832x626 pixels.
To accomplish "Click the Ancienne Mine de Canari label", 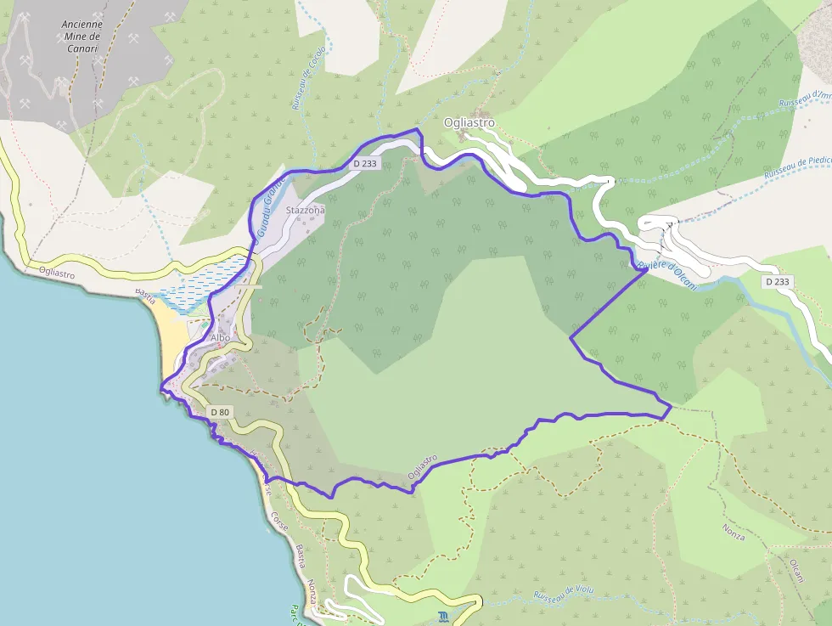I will (x=82, y=37).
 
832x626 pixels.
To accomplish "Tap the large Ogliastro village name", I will (x=469, y=123).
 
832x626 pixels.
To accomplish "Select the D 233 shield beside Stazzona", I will (x=364, y=163).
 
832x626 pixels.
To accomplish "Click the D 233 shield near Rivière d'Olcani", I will (x=777, y=281).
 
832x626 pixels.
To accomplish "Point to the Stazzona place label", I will (x=306, y=209).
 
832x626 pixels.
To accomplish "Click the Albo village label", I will (x=220, y=337).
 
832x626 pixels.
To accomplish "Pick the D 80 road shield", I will (x=220, y=413).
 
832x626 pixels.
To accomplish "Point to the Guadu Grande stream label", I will (x=266, y=206).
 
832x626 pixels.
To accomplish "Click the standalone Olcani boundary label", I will (x=795, y=570).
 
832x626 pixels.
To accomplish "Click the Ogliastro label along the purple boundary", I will (x=422, y=467).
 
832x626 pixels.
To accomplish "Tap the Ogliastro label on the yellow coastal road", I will (x=57, y=273).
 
